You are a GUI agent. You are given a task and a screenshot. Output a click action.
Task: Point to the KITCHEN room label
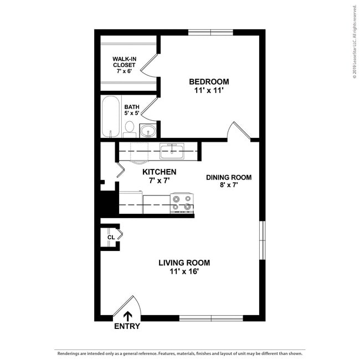point(159,172)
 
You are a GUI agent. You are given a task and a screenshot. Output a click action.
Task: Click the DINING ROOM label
point(229,177)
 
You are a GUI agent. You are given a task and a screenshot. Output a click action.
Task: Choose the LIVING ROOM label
point(184,263)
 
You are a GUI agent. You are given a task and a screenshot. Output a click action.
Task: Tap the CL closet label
point(111,237)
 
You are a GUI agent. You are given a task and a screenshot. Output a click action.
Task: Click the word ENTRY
point(127,326)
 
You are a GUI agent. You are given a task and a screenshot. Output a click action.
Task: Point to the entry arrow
point(127,316)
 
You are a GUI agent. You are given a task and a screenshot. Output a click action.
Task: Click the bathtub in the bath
point(111,117)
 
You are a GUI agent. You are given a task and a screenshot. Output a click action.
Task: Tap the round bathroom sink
point(147,131)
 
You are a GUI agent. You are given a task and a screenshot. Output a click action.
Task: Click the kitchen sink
point(172,150)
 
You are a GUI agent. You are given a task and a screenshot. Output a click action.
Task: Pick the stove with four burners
point(181,202)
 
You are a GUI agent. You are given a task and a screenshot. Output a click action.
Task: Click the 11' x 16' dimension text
point(184,271)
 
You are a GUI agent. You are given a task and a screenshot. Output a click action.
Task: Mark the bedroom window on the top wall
point(210,32)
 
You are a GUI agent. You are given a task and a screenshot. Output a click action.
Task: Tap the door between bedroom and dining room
point(239,132)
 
